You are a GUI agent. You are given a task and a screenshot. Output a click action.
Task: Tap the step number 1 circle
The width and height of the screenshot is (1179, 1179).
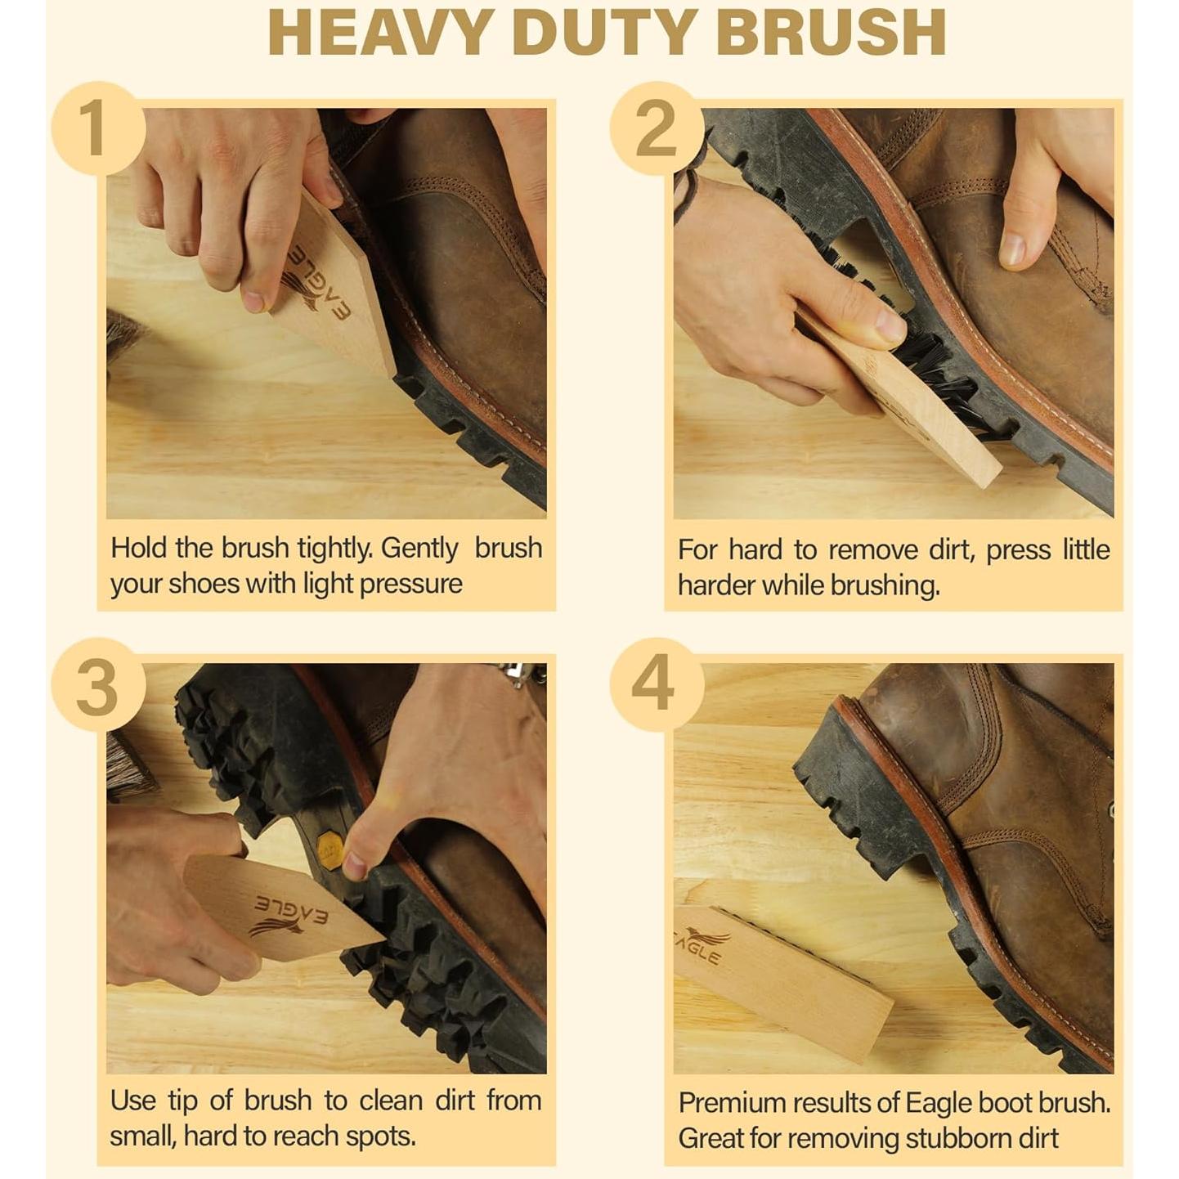98,128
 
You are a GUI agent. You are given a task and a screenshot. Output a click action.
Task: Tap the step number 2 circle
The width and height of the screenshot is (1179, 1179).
657,128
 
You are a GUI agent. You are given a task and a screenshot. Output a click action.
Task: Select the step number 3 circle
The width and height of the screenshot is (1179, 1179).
98,685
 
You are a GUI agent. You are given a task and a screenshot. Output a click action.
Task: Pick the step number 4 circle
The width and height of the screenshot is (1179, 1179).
657,685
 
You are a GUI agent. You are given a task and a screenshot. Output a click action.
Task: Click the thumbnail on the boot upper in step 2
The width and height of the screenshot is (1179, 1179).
1013,249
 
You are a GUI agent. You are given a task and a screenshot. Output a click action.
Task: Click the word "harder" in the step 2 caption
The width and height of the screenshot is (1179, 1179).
716,585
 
